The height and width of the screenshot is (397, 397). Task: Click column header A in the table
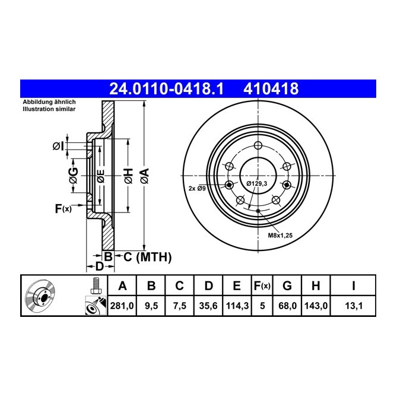[x=122, y=286]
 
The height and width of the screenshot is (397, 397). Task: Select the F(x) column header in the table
[x=262, y=286]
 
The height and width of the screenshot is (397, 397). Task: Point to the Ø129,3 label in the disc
[x=258, y=183]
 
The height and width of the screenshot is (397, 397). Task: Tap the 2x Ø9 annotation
[x=197, y=188]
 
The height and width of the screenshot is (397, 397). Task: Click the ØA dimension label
[x=144, y=176]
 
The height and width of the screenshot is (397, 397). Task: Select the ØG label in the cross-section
[x=72, y=176]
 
